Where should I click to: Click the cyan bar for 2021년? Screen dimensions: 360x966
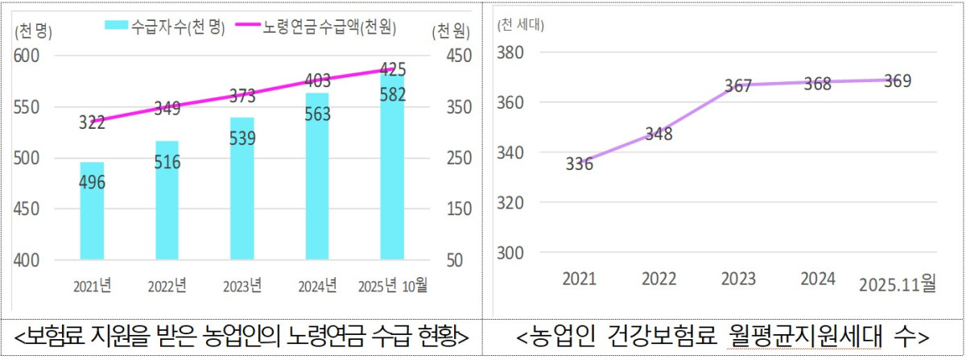click(92, 211)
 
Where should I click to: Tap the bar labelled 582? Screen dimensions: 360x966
click(392, 165)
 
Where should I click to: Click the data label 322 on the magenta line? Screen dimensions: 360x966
click(93, 123)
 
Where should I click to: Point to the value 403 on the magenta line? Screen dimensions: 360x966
click(316, 81)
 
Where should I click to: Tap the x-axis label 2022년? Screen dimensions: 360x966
click(167, 286)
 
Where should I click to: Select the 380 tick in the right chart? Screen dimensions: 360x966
click(512, 52)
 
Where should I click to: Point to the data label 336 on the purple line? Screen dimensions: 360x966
click(579, 165)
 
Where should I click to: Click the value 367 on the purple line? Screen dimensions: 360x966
click(737, 86)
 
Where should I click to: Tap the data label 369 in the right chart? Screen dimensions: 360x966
click(898, 81)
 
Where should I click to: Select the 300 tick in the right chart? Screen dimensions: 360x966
click(512, 253)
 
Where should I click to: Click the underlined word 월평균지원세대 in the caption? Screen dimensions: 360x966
click(791, 334)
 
